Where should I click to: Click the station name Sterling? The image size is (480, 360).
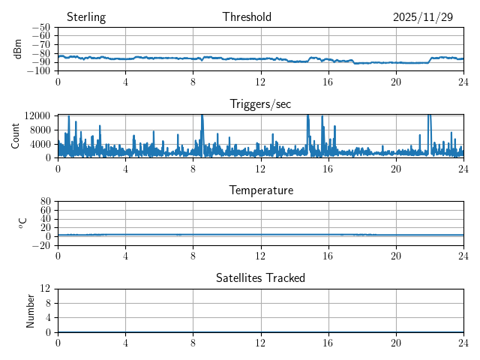coord(85,17)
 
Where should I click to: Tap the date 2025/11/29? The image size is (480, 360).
coord(423,17)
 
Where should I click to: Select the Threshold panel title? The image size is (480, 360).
coord(247,17)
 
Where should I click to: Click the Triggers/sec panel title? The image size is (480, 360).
coord(260,104)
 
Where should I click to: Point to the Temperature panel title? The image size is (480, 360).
coord(260,190)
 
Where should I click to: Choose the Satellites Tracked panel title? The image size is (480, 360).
coord(260,278)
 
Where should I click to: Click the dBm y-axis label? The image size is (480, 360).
coord(18,49)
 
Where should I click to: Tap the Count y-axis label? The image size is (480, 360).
coord(16,136)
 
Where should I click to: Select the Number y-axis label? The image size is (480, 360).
coord(31,310)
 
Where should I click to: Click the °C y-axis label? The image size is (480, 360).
coord(23,223)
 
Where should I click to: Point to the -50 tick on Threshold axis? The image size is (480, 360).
coord(41,28)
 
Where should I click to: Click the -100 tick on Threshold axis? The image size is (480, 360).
coord(39,71)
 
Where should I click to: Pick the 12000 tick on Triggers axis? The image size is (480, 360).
coord(37,115)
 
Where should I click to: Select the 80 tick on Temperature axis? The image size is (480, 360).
coord(45,202)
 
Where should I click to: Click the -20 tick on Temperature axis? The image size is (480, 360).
coord(41,245)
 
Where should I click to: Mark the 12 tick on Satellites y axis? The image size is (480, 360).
coord(45,289)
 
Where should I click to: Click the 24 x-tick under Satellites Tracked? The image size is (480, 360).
coord(463,343)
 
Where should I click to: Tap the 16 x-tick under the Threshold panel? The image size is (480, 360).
coord(328,82)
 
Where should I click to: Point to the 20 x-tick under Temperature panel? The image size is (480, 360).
coord(396,256)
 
